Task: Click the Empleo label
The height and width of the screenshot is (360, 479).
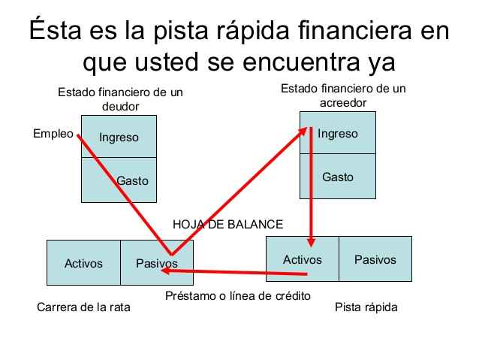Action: click(53, 134)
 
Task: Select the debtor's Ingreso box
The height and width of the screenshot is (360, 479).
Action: click(119, 137)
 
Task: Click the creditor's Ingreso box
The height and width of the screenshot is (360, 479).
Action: click(337, 134)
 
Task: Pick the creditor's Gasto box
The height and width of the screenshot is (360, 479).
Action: click(337, 177)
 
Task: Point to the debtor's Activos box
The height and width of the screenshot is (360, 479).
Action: click(83, 263)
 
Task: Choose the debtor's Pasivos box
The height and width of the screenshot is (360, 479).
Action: click(157, 263)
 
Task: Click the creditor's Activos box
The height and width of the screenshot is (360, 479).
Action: click(302, 259)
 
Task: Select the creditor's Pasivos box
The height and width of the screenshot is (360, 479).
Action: click(375, 259)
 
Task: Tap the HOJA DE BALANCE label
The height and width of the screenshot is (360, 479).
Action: click(227, 224)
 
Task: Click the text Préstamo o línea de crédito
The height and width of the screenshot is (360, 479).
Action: click(237, 295)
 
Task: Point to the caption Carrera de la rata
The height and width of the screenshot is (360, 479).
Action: click(83, 307)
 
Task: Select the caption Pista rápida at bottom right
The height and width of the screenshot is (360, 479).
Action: click(366, 307)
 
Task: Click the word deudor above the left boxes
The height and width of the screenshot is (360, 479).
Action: click(121, 107)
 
